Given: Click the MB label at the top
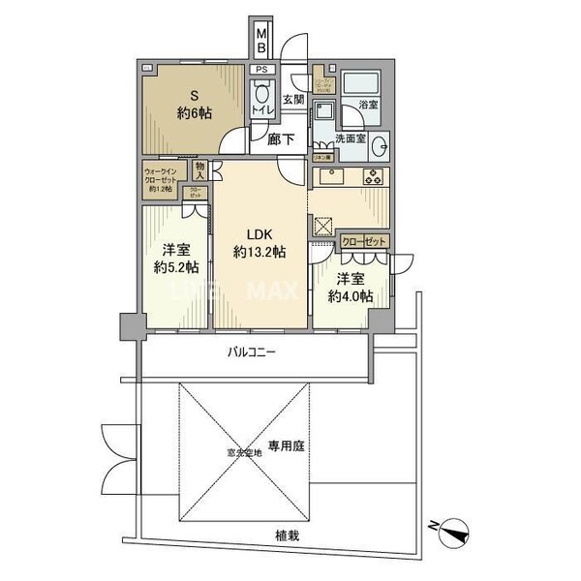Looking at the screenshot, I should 260,41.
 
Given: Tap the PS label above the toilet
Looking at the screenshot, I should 260,70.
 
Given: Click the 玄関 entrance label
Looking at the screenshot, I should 293,99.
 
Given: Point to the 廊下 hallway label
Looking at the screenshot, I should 280,138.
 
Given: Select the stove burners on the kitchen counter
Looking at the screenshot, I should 372,176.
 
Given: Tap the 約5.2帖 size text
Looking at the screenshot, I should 175,267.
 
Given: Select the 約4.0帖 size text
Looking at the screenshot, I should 349,297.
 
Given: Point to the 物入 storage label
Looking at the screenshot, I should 199,171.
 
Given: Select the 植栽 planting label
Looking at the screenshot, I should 277,534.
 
